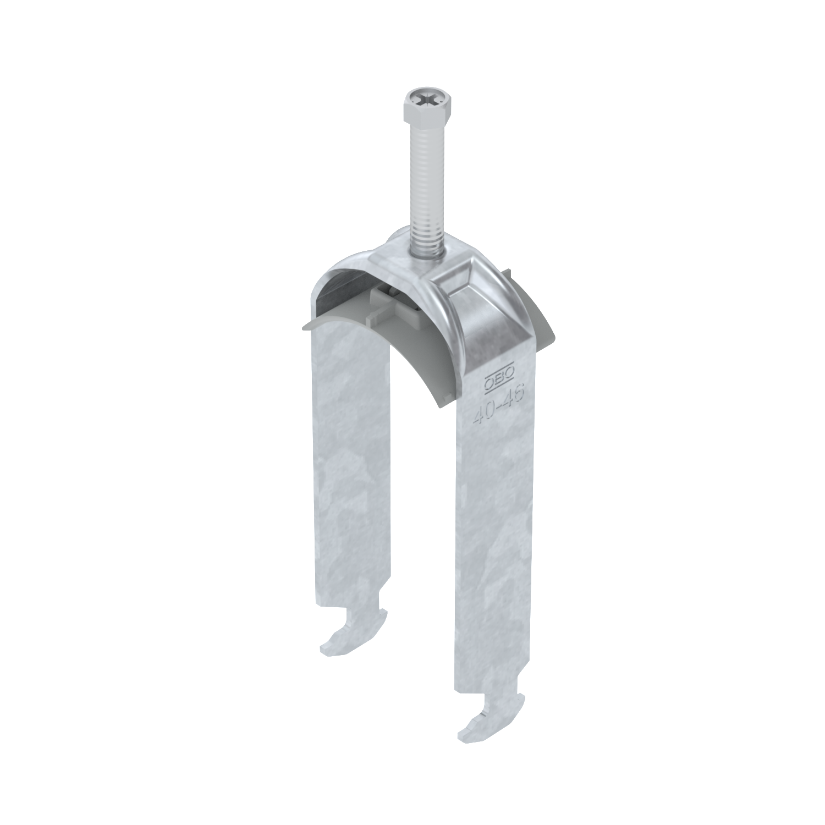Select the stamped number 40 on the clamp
(x=482, y=414)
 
